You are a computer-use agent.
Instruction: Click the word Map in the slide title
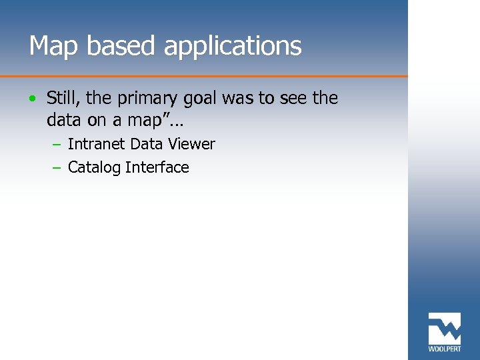(50, 46)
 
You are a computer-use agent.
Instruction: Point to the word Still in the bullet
(63, 99)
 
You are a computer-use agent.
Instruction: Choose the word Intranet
(97, 144)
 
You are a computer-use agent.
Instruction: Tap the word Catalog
(94, 167)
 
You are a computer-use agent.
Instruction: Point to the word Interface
(157, 167)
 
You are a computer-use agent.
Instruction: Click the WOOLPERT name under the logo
(444, 348)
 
